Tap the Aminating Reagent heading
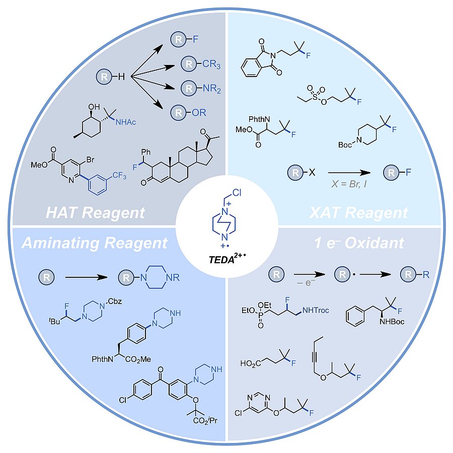[x=94, y=243]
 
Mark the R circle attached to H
[x=104, y=77]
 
